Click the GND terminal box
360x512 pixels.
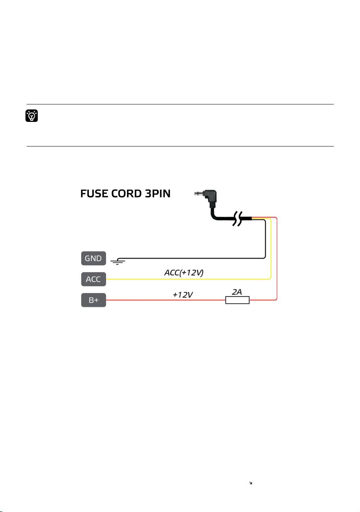(94, 258)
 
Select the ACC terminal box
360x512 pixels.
(94, 279)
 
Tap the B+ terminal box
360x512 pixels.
(94, 300)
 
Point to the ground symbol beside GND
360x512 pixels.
(118, 261)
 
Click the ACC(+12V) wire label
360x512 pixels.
(184, 273)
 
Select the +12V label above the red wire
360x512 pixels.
(182, 295)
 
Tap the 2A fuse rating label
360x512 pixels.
(237, 292)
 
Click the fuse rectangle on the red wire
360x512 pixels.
(237, 300)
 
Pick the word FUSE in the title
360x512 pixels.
(94, 194)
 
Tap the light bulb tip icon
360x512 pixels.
(32, 116)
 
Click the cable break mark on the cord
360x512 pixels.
(238, 219)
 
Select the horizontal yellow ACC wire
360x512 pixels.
(188, 279)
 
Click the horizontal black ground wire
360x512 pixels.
(193, 258)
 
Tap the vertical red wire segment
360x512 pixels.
(277, 259)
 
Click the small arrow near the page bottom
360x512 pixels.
(251, 483)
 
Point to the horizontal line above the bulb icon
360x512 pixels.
(180, 104)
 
